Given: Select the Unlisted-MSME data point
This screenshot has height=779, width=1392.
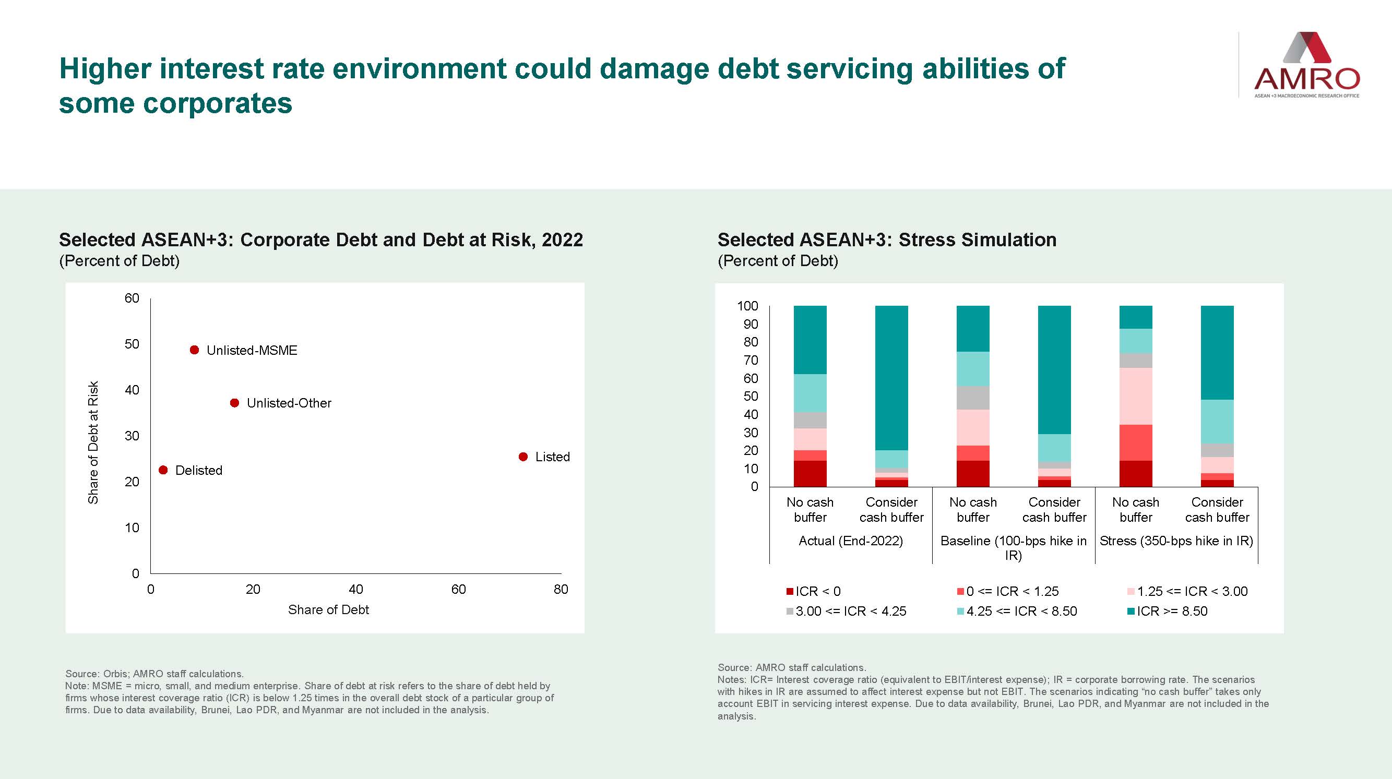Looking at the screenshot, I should tap(195, 350).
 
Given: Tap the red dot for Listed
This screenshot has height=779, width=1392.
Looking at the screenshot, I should tap(523, 457).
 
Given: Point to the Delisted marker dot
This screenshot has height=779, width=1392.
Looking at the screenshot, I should tap(163, 470).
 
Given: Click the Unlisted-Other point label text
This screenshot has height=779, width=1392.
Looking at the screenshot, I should tap(289, 403).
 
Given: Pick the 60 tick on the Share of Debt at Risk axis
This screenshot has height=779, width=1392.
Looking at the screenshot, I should tap(132, 298).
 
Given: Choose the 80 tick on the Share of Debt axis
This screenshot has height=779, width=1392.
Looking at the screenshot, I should tap(561, 590).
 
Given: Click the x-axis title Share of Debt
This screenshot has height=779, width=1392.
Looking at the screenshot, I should tap(328, 610).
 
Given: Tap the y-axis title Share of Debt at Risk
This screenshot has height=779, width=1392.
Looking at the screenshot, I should tap(93, 442).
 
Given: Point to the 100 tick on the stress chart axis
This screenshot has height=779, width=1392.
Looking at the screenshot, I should tap(748, 306).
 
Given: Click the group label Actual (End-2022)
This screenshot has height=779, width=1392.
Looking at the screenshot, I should tap(851, 541).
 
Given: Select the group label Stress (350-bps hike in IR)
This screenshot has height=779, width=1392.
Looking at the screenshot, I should tap(1176, 541).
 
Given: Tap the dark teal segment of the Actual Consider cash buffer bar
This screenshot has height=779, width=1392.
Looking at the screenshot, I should tap(891, 378).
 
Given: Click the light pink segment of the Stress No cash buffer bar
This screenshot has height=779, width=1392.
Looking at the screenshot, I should tap(1136, 396).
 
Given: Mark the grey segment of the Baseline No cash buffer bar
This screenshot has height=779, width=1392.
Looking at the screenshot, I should tap(973, 398).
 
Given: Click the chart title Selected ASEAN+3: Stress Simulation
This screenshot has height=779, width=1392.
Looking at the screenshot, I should tap(887, 240).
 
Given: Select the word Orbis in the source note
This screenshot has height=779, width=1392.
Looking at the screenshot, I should tap(114, 674).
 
